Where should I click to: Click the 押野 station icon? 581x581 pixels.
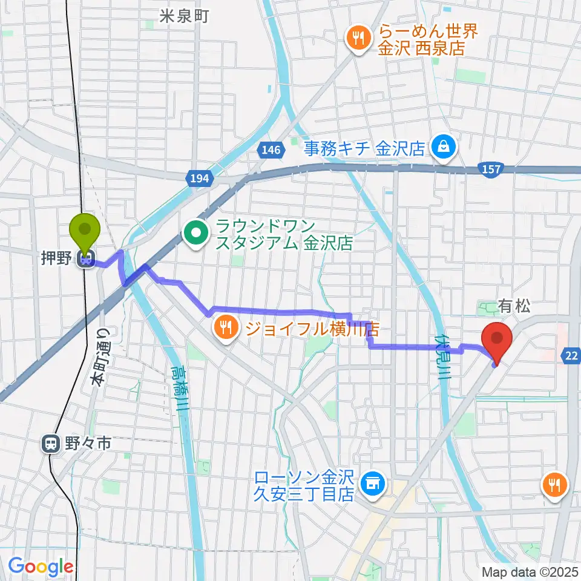(x=85, y=260)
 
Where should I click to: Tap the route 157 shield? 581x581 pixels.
(x=491, y=169)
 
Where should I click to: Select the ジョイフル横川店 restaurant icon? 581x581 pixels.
(x=226, y=329)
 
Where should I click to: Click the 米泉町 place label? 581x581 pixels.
(x=184, y=16)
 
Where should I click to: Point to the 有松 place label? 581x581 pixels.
(x=514, y=307)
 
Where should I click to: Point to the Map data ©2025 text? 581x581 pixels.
(x=529, y=571)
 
